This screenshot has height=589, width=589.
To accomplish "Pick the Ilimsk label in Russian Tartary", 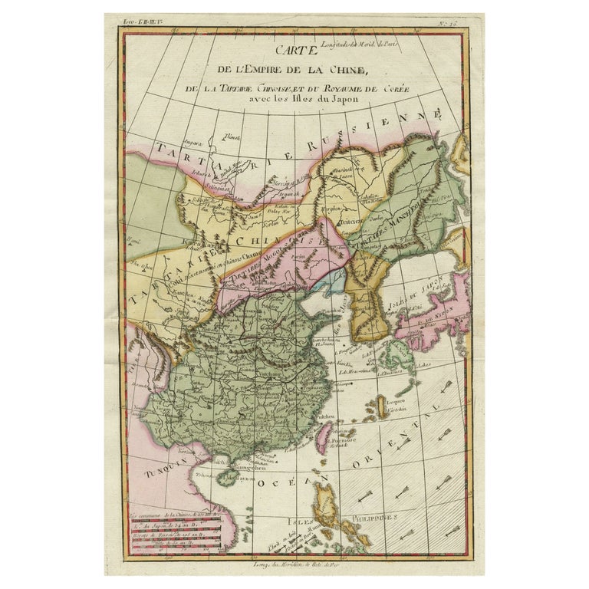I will [x=228, y=138].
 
